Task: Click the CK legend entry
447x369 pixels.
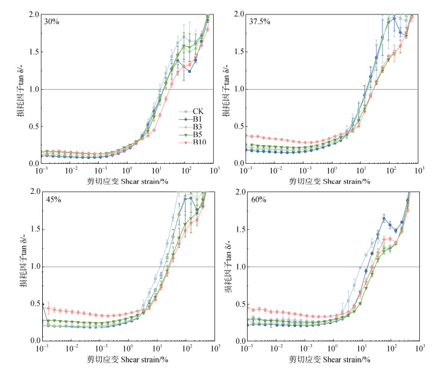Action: tap(197, 111)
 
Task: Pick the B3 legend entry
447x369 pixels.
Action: tap(197, 127)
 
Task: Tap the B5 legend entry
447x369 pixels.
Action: tap(197, 135)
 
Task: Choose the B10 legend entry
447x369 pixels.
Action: tap(198, 143)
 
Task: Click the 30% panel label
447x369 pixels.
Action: tap(52, 22)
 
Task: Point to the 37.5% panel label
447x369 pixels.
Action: tap(261, 22)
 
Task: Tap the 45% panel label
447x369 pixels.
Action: tap(52, 200)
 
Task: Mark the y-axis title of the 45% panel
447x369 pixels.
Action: tap(23, 266)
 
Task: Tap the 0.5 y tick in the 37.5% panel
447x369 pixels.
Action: tap(239, 126)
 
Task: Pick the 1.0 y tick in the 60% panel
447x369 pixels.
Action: tap(239, 267)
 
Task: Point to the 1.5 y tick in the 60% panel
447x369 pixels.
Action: tap(239, 229)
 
